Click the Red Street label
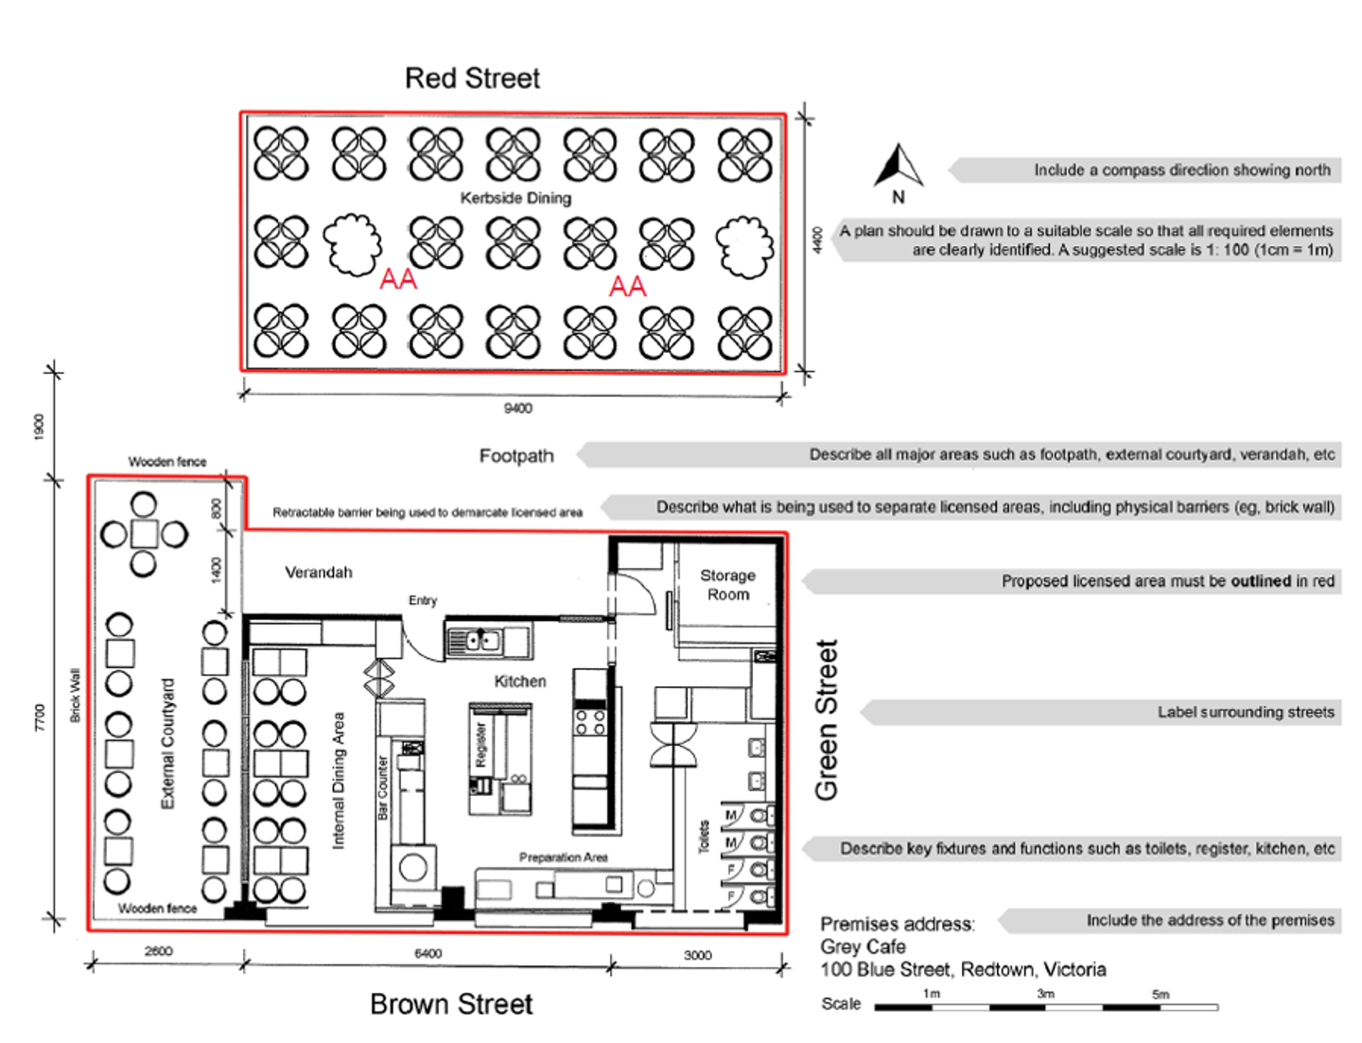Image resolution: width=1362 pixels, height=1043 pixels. [x=472, y=79]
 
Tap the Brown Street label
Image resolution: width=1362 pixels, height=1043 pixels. [x=451, y=1004]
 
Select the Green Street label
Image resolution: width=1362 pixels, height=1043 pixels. [x=827, y=720]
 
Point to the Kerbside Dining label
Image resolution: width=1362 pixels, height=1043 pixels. [x=515, y=198]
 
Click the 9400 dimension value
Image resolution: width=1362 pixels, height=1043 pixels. [x=517, y=408]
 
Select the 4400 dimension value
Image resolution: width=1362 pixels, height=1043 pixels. [x=817, y=239]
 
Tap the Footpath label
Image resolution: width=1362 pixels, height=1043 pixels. [x=515, y=456]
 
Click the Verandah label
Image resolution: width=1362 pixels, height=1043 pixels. [x=319, y=573]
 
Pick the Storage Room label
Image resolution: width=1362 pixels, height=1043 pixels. [x=727, y=585]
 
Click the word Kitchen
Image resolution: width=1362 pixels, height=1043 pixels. [x=519, y=681]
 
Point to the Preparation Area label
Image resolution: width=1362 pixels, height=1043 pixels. [x=563, y=857]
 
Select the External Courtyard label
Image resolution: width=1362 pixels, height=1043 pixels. [x=168, y=744]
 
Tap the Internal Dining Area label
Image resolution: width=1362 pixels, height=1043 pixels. [x=339, y=781]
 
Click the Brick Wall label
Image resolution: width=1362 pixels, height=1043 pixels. [x=76, y=696]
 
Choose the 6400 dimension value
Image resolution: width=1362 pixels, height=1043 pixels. [x=428, y=954]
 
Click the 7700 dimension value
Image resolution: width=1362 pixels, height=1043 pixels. [x=40, y=716]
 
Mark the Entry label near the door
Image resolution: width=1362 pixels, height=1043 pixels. [x=423, y=600]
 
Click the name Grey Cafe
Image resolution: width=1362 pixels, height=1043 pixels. [x=863, y=946]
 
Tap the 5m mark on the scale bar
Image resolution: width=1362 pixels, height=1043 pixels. [x=1161, y=995]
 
